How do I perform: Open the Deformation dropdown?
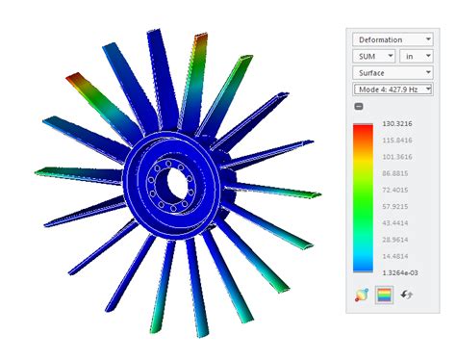pyautogui.click(x=392, y=39)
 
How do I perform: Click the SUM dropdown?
pyautogui.click(x=370, y=56)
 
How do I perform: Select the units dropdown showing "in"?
pyautogui.click(x=415, y=56)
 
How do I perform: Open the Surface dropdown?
pyautogui.click(x=392, y=72)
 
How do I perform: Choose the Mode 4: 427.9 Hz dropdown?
pyautogui.click(x=392, y=89)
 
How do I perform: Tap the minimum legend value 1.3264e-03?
pyautogui.click(x=396, y=272)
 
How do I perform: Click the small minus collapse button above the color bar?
pyautogui.click(x=359, y=106)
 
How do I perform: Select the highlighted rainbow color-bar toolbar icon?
pyautogui.click(x=385, y=295)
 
